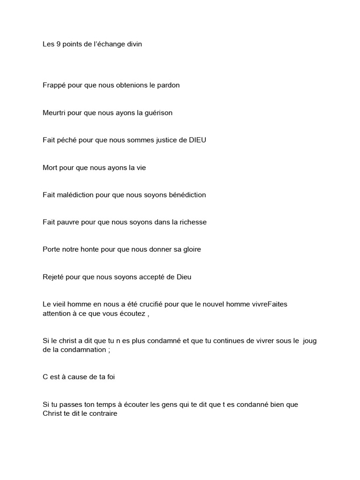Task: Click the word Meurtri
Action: click(x=54, y=112)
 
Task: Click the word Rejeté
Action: click(x=53, y=277)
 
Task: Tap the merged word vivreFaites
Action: click(x=268, y=304)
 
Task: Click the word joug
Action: click(x=310, y=341)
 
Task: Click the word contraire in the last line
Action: click(x=102, y=414)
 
